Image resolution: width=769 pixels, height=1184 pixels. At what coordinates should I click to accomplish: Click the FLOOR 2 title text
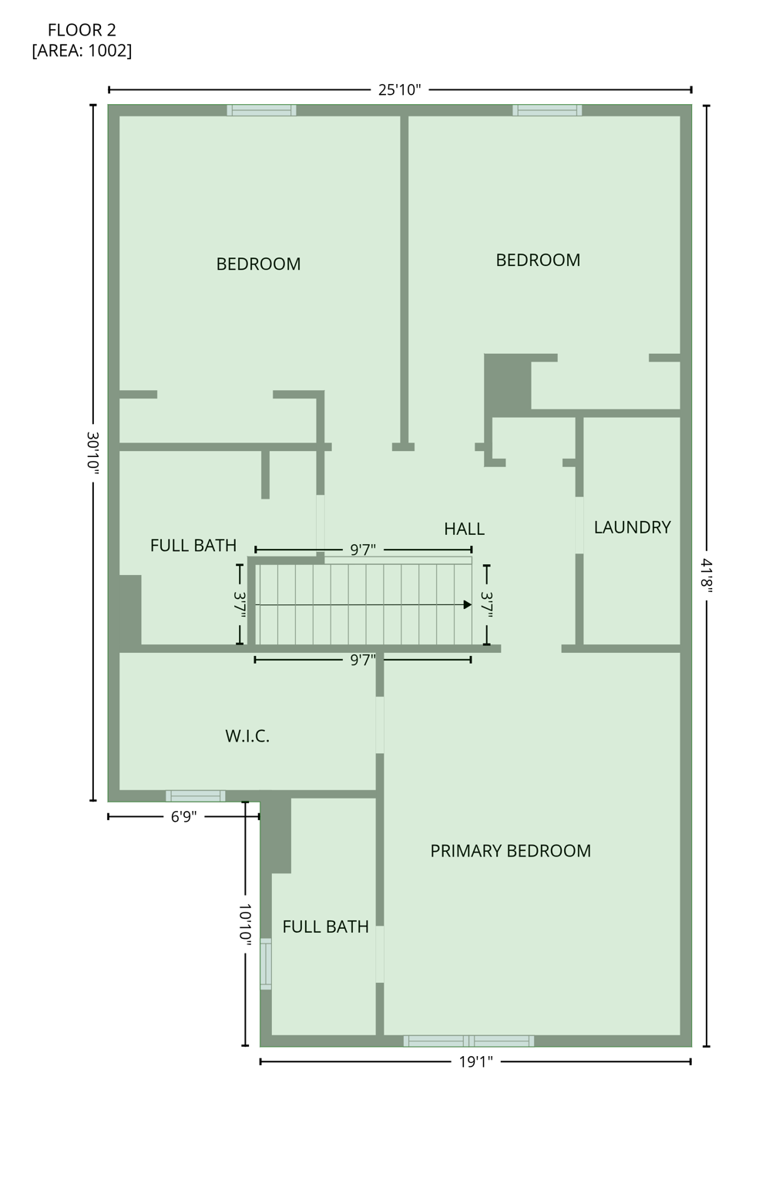(x=82, y=30)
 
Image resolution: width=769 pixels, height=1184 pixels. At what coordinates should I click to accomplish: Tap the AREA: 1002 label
(x=82, y=51)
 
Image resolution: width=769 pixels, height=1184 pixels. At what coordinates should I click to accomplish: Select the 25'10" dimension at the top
(x=399, y=89)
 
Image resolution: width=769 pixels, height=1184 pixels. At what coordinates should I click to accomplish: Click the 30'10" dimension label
(x=93, y=452)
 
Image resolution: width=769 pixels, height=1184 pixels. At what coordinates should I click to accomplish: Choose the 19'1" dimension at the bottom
(x=475, y=1062)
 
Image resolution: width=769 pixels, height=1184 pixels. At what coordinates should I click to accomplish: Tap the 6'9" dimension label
(x=183, y=817)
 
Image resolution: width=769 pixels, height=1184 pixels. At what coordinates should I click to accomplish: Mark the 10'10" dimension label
(x=245, y=925)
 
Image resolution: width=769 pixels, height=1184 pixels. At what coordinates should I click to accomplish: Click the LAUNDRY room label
(x=632, y=527)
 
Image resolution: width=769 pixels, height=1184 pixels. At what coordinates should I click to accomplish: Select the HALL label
(x=464, y=529)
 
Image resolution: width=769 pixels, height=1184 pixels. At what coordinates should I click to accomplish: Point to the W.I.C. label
(x=247, y=736)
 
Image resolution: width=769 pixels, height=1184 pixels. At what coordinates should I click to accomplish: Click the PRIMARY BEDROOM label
(x=510, y=851)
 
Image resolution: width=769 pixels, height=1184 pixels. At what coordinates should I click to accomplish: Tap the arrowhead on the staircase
(x=467, y=605)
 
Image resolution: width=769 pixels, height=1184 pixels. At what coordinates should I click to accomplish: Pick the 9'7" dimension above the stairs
(x=363, y=550)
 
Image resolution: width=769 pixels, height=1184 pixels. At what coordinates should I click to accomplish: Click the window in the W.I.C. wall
(x=196, y=795)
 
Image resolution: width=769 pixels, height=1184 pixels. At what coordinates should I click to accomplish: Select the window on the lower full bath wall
(x=266, y=964)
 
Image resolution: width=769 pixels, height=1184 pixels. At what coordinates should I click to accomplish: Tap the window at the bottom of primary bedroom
(x=468, y=1041)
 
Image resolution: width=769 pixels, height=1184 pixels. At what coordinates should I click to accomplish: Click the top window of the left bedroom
(x=261, y=110)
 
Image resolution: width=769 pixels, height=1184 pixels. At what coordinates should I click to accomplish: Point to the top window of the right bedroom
(x=547, y=110)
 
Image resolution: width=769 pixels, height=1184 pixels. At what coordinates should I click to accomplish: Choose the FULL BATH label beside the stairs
(x=193, y=546)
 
